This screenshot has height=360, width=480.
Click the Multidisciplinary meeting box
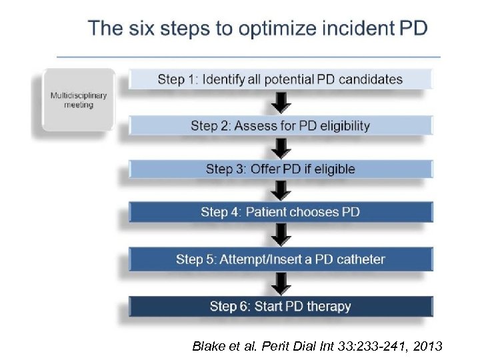[79, 100]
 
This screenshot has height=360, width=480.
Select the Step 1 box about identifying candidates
[281, 79]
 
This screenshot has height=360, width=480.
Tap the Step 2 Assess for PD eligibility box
[281, 125]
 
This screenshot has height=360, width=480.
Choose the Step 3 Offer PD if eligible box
[281, 169]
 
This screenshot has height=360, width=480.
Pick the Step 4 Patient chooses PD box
[281, 212]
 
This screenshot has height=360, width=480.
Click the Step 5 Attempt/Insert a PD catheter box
[281, 259]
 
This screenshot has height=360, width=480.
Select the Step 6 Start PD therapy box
[281, 307]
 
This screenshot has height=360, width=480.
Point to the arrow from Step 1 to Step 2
[283, 102]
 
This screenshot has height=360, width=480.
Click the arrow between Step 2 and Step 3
[283, 147]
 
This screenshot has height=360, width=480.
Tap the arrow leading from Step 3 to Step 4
[283, 191]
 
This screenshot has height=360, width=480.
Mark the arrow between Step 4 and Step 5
[283, 235]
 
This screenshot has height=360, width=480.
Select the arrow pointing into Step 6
[283, 283]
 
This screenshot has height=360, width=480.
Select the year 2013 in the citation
[427, 346]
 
